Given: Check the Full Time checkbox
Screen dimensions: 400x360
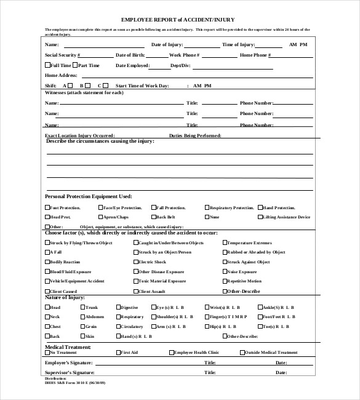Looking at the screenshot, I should pos(47,65).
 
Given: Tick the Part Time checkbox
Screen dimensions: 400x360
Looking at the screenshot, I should pos(76,65).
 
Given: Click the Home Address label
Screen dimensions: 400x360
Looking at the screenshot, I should pos(61,75).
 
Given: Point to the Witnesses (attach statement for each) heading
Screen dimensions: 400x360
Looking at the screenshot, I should pos(84,92).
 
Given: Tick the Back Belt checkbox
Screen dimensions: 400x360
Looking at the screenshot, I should pos(153,217).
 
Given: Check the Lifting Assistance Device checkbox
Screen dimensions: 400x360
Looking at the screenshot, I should pos(260,217).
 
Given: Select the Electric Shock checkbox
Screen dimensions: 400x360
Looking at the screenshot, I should pos(136,262).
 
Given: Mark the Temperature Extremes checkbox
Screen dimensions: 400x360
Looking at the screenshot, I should pos(225,242).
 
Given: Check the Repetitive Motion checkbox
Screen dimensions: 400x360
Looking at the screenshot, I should pos(225,281).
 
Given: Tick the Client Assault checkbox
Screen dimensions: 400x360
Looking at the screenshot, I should pos(136,290).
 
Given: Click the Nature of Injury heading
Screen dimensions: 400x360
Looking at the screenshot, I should pos(65,298).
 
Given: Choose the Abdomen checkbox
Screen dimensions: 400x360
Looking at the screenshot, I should pos(82,316).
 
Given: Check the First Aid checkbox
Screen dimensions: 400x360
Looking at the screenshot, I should pos(118,353).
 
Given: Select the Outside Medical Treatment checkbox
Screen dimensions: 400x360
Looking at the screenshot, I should pos(242,353).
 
